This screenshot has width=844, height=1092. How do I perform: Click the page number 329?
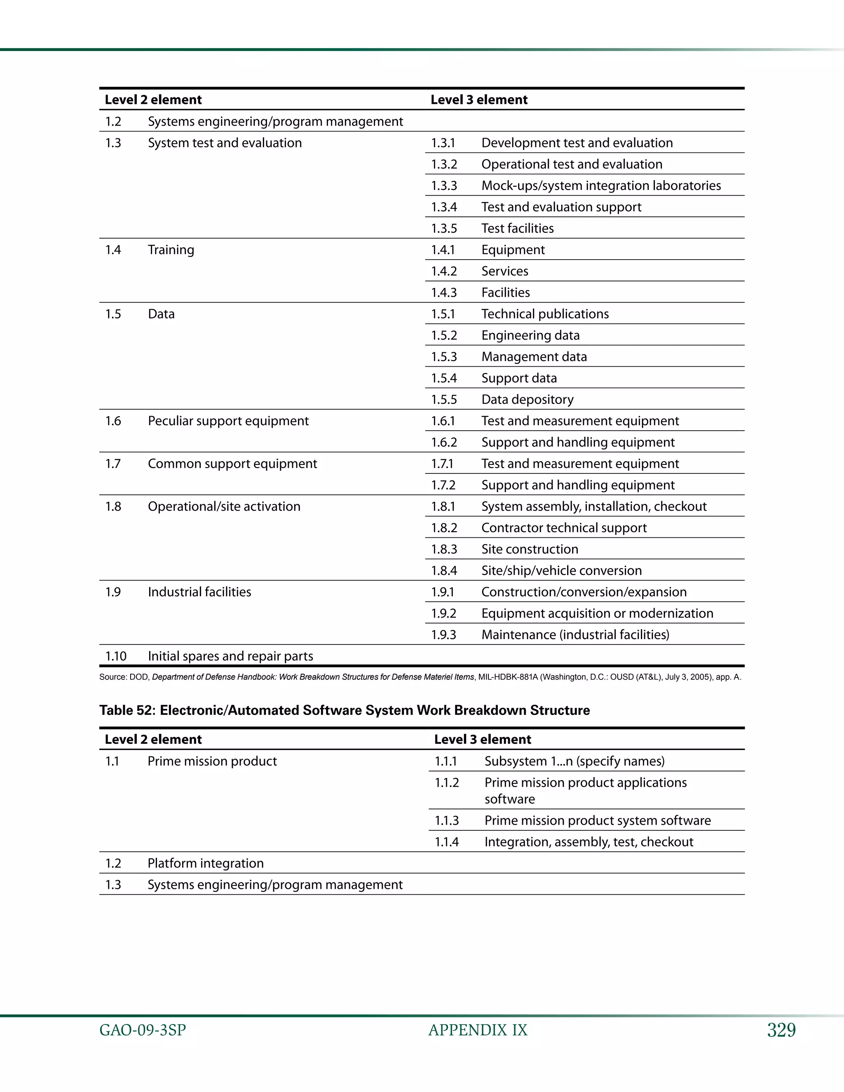(781, 1030)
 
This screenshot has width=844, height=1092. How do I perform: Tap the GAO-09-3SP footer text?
(143, 1030)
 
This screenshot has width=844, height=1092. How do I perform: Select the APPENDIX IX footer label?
(478, 1030)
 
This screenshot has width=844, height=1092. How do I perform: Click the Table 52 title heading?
(345, 710)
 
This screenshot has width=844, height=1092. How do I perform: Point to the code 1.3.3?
(444, 185)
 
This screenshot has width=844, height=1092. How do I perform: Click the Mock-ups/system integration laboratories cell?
(600, 185)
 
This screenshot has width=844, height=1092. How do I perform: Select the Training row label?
(171, 249)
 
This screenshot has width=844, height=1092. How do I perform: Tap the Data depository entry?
(527, 399)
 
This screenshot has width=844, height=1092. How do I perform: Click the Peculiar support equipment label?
(228, 421)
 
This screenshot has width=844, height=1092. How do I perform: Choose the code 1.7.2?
(443, 485)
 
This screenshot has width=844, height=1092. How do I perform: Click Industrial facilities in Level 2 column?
(199, 592)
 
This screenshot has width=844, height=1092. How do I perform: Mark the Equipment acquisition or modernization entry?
(597, 614)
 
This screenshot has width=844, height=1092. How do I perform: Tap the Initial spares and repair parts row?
(230, 656)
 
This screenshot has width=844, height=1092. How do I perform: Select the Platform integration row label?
(206, 863)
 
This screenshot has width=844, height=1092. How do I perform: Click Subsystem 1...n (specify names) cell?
(574, 761)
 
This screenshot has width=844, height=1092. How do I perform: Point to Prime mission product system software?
(597, 820)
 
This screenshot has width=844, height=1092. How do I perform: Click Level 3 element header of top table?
(478, 99)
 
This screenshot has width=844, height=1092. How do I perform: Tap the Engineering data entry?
(530, 335)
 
